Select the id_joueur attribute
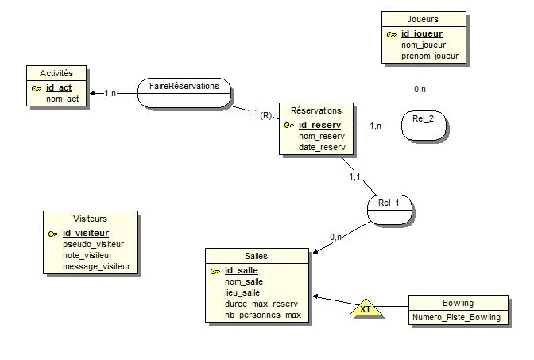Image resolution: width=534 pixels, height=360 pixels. click(x=421, y=33)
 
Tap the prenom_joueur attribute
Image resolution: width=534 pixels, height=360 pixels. click(x=428, y=56)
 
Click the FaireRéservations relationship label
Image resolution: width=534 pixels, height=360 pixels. click(x=184, y=85)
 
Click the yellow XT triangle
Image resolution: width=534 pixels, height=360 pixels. click(x=365, y=308)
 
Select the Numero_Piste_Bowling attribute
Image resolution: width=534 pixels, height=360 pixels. click(x=457, y=317)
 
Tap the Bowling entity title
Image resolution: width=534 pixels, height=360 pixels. click(x=457, y=303)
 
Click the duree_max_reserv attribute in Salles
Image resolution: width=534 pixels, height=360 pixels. click(x=261, y=304)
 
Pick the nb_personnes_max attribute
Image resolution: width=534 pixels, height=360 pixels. click(x=263, y=315)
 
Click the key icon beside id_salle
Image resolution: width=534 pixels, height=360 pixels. click(x=215, y=271)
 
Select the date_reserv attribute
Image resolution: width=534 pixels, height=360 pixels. click(x=322, y=147)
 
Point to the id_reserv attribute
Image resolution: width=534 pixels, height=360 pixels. click(x=319, y=125)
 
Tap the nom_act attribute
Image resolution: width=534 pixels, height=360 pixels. click(x=62, y=99)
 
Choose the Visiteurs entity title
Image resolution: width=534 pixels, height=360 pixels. click(x=90, y=219)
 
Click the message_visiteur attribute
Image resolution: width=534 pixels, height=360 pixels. click(x=96, y=266)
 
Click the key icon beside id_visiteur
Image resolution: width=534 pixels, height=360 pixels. click(x=53, y=234)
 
